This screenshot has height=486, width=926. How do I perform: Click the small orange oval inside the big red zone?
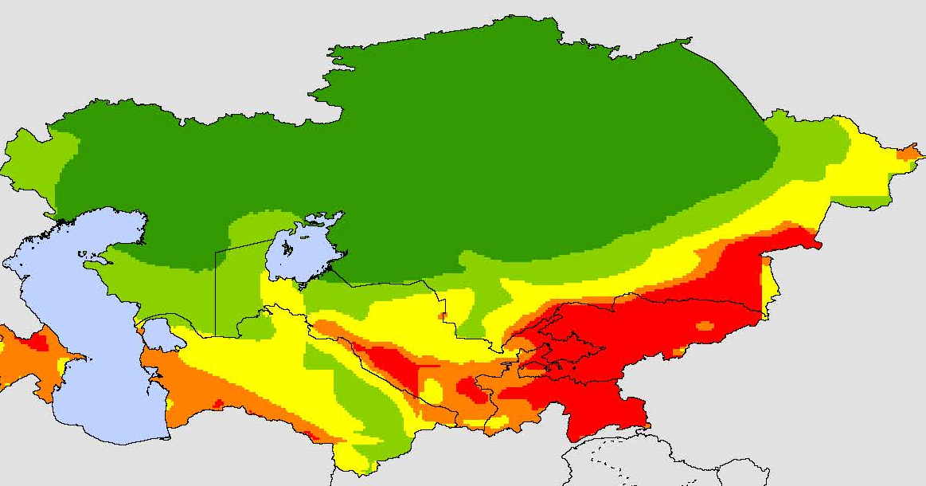(705, 325)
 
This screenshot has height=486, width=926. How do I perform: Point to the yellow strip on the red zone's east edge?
(768, 287)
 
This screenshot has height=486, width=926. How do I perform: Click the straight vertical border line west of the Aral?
(216, 295)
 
